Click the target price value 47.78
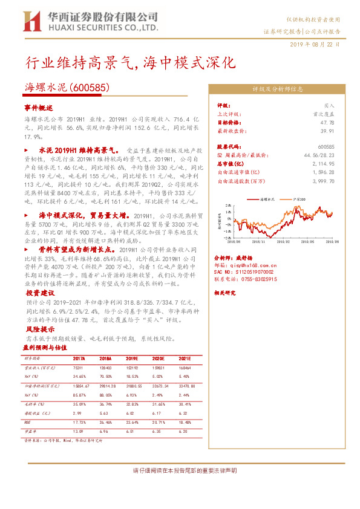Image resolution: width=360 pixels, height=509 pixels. pyautogui.click(x=327, y=122)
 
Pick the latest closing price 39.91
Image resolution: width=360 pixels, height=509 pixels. pyautogui.click(x=327, y=131)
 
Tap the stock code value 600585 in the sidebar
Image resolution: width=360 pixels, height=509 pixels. pyautogui.click(x=326, y=146)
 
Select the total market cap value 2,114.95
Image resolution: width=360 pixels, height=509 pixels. pyautogui.click(x=324, y=163)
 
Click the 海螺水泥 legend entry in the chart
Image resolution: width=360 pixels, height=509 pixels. pyautogui.click(x=266, y=198)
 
